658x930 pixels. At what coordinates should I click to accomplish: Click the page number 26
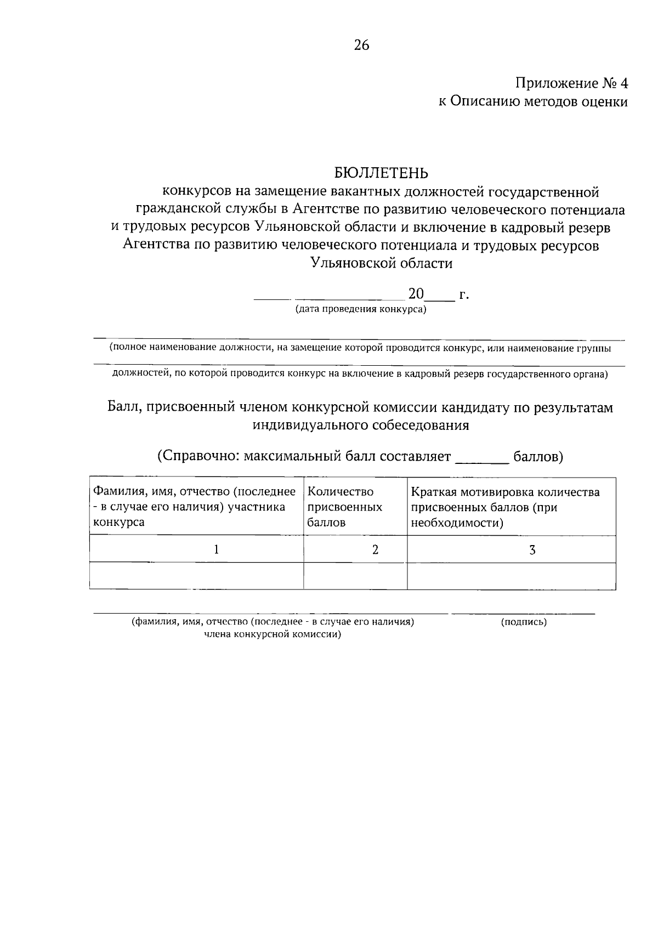coord(362,45)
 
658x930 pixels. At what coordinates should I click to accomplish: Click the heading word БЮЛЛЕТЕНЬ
coord(381,173)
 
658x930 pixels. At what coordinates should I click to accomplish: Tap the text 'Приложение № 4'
coord(571,83)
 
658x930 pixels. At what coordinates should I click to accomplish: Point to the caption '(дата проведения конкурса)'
coord(361,309)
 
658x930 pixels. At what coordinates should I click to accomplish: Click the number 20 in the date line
coord(416,294)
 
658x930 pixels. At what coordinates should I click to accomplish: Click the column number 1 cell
coord(217,549)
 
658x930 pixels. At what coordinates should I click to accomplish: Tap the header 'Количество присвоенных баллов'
coord(345,507)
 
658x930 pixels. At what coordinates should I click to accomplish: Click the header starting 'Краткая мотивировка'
coord(505,507)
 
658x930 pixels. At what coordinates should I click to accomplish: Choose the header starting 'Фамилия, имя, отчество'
coord(195,507)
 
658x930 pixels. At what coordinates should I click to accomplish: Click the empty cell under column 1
coord(196,576)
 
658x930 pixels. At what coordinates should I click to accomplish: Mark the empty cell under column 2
coord(355,576)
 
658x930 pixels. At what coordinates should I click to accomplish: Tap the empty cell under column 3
coord(511,576)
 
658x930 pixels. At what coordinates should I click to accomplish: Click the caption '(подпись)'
coord(524,622)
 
